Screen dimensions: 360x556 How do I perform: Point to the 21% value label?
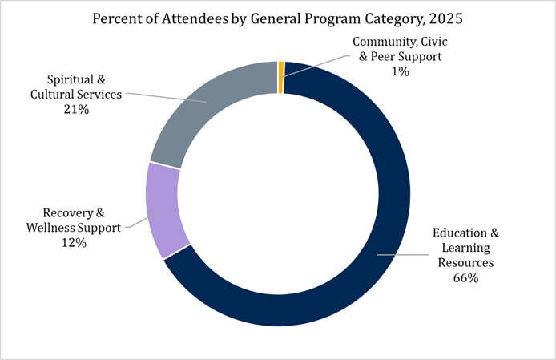coord(76,109)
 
